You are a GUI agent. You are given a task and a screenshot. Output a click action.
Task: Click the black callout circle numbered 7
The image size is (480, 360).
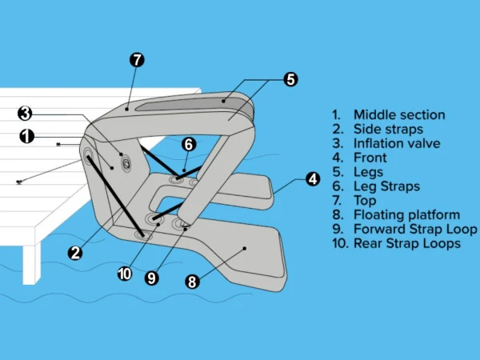137,60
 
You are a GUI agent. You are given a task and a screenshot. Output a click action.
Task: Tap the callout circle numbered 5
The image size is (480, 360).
290,79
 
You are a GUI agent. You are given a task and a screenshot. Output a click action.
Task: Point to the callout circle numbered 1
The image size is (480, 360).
26,137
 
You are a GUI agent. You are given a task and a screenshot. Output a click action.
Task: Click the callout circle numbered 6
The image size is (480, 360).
188,145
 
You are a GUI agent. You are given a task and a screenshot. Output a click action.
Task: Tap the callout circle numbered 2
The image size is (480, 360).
74,253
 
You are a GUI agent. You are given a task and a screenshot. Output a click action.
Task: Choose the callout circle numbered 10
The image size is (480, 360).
124,274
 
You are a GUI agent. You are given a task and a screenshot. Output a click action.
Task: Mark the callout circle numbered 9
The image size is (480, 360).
151,278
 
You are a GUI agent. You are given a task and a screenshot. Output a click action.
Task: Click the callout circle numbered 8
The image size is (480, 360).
192,281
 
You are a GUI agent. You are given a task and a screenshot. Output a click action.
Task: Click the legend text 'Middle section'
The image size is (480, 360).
399,115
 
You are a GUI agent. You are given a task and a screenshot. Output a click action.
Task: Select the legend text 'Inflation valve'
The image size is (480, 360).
397,144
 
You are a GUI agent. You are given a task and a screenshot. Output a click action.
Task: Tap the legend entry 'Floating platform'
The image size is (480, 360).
406,214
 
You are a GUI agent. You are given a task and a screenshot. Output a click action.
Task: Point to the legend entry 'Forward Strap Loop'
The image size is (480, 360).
415,229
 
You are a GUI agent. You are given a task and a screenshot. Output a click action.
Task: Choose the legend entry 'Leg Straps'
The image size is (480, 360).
386,186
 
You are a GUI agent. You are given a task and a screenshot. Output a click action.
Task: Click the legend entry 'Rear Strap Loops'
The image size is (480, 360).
407,243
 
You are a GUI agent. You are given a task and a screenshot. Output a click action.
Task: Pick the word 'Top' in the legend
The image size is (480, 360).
365,201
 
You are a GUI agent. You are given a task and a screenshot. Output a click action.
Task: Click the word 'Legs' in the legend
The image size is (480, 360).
368,172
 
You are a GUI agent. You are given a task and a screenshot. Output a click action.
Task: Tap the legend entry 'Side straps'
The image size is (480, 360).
388,130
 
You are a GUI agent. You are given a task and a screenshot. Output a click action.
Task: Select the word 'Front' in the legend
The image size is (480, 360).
370,158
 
